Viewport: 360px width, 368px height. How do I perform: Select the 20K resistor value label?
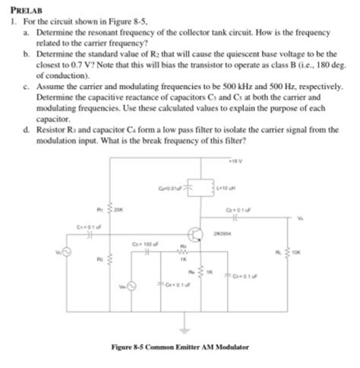point(118,205)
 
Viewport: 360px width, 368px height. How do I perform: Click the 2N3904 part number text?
point(223,235)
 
